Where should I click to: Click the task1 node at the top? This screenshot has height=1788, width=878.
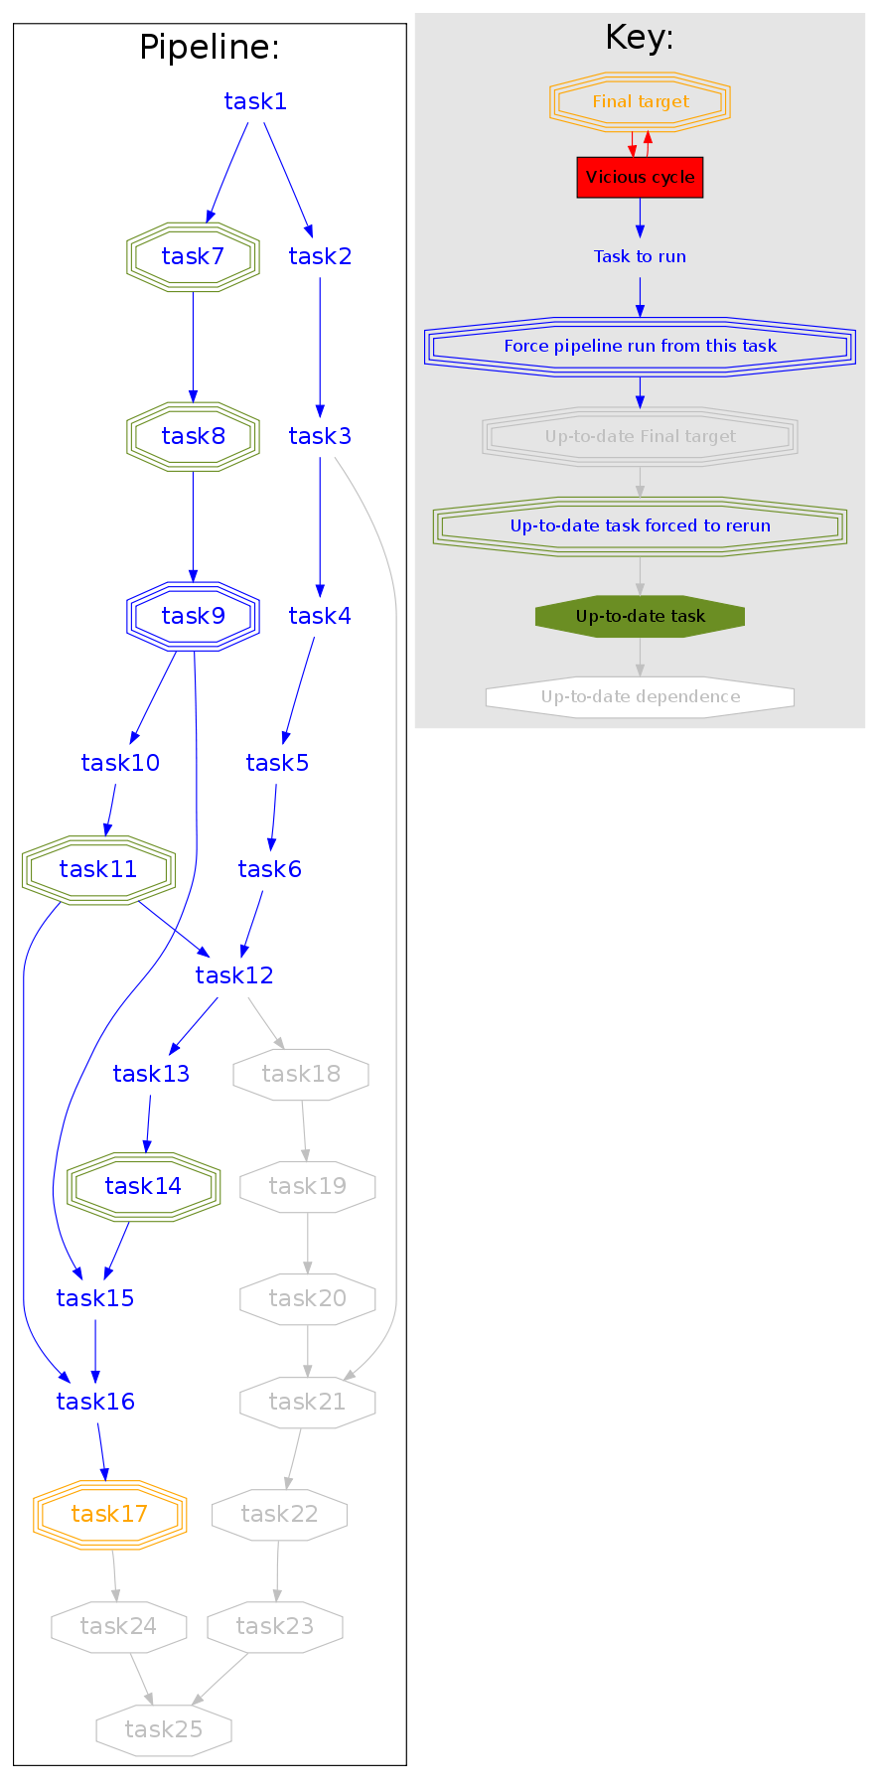(x=255, y=101)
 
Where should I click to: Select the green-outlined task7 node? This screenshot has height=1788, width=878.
(x=193, y=256)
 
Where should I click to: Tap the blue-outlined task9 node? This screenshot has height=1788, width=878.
(x=193, y=616)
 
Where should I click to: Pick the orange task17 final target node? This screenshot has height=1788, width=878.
(x=109, y=1514)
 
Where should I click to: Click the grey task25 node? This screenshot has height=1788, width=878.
(x=164, y=1729)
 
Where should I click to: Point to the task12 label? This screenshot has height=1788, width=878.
(x=234, y=975)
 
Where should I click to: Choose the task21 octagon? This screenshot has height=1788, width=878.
(x=307, y=1402)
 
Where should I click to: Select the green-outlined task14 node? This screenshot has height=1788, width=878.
(x=143, y=1186)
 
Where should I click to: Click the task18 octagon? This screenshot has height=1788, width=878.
(x=301, y=1074)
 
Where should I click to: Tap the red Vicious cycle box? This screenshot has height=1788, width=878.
(x=640, y=178)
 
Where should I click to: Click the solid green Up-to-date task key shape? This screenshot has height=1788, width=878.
(x=640, y=616)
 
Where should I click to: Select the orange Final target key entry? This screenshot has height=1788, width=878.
(x=640, y=101)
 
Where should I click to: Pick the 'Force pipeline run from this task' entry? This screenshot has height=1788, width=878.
(x=640, y=346)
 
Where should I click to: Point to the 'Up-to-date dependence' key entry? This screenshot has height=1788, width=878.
(x=640, y=696)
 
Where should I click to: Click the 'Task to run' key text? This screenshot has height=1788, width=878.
(x=640, y=256)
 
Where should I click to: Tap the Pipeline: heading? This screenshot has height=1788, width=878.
(x=210, y=48)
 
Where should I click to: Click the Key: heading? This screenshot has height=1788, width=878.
(x=640, y=38)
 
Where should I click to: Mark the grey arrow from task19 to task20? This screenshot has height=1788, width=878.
(x=308, y=1243)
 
